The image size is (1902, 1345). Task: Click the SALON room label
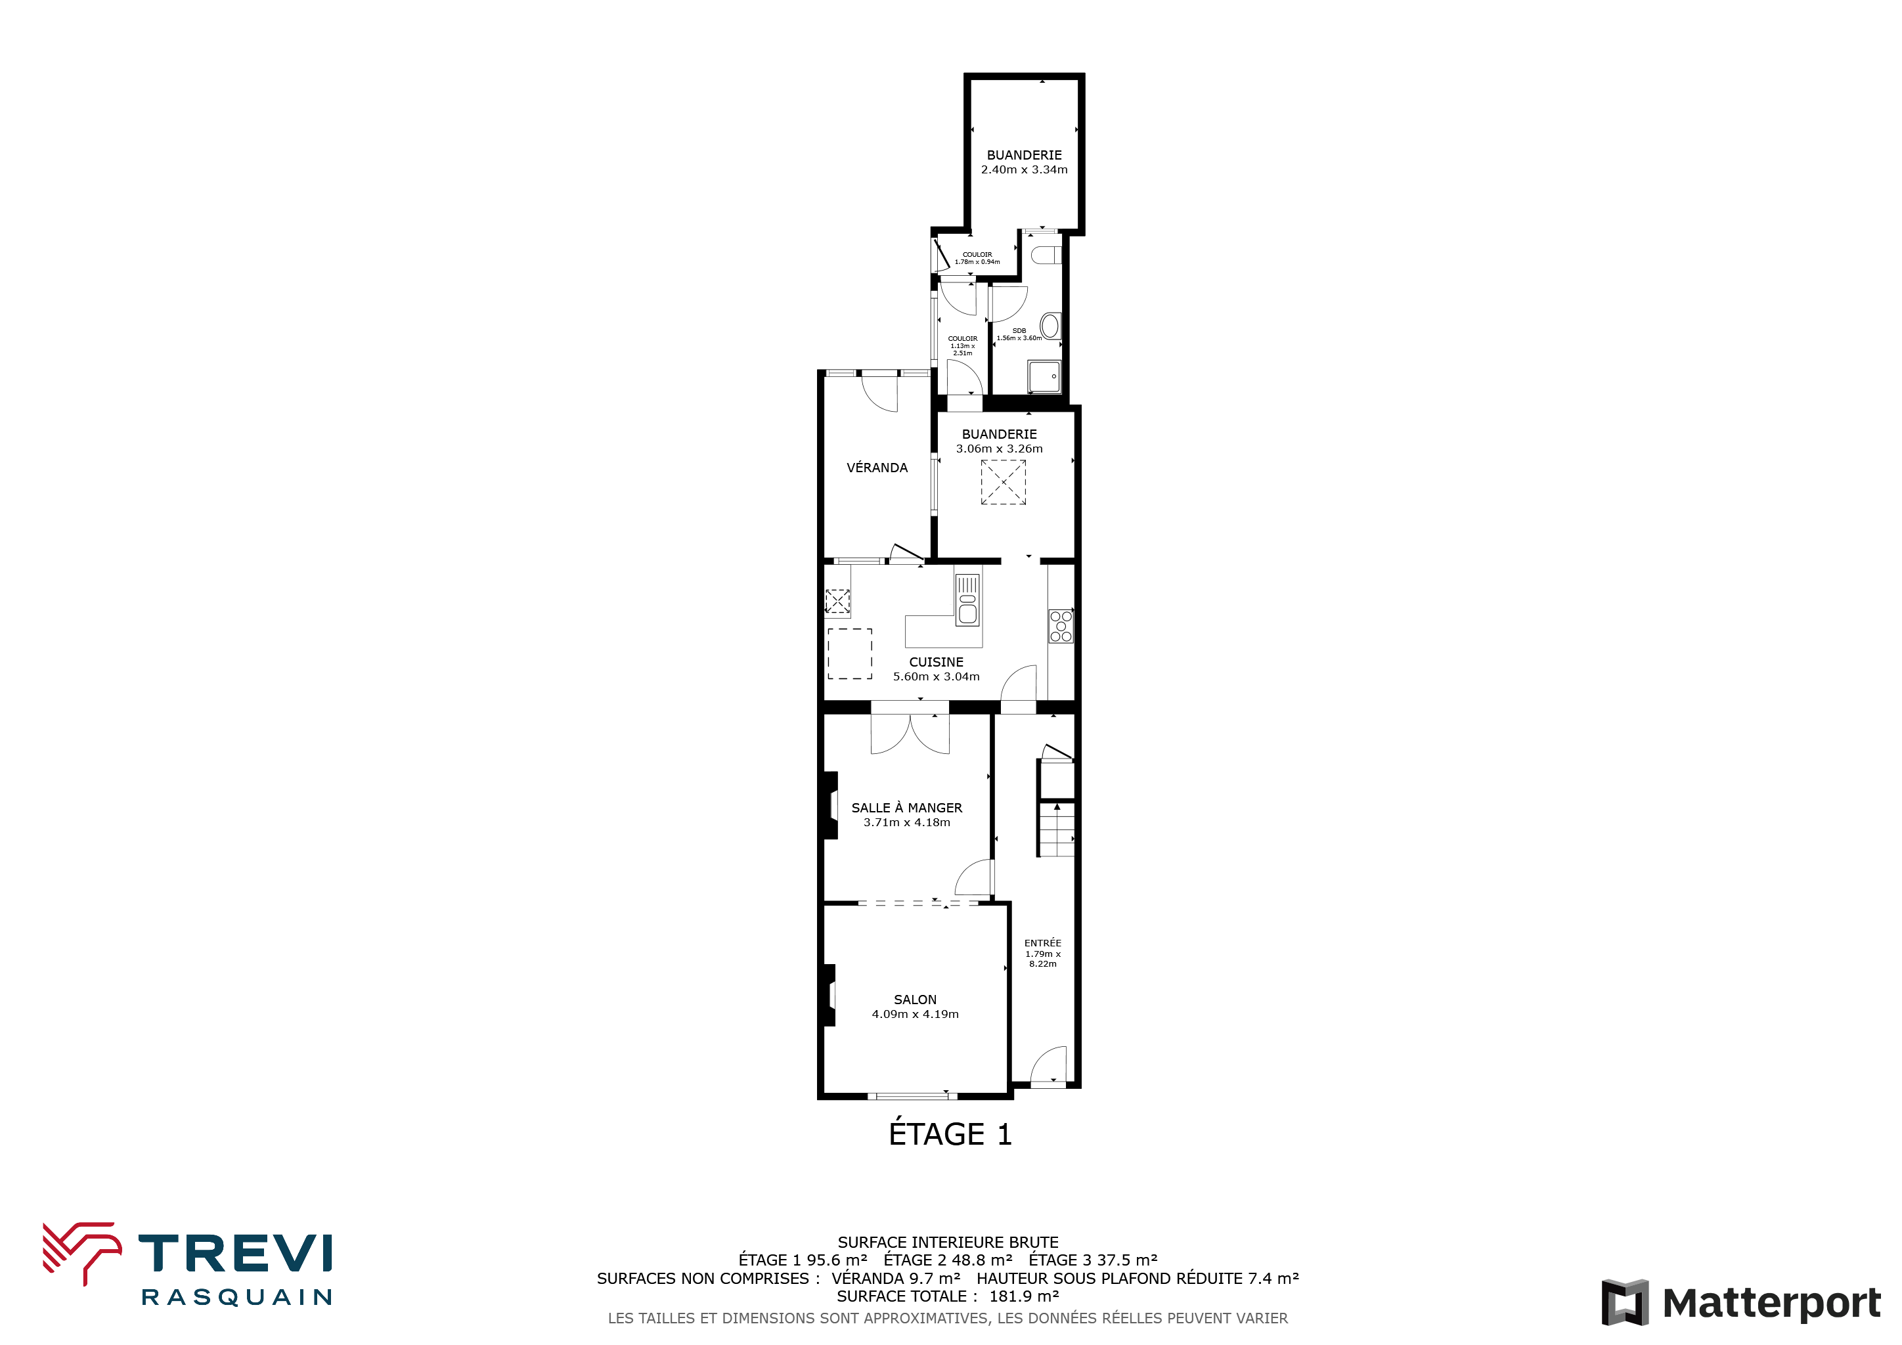coord(915,1000)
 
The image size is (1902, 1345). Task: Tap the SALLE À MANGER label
coord(906,808)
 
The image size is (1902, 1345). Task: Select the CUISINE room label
coord(936,662)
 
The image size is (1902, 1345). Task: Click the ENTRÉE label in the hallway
coord(1042,942)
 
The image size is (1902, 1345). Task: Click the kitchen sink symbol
coord(967,600)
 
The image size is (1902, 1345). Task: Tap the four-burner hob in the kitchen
coord(1060,626)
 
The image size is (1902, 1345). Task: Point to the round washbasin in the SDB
coord(1050,326)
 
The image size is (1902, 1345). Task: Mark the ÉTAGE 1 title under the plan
coord(950,1134)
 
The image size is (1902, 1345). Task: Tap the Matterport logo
coord(1740,1303)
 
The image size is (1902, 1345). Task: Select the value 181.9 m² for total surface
coord(1024,1296)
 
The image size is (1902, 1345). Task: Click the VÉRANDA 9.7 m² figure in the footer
coord(895,1279)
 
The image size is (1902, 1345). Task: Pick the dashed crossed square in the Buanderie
coord(1003,482)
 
